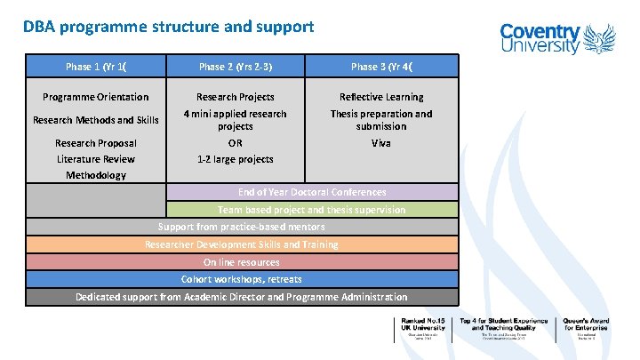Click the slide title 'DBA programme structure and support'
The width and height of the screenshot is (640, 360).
click(169, 27)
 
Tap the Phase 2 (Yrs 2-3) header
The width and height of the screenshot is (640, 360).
click(236, 67)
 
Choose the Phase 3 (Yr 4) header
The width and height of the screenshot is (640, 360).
click(382, 67)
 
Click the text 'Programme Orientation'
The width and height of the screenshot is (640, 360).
click(96, 97)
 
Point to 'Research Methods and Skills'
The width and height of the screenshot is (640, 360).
click(96, 120)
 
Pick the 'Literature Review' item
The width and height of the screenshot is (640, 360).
click(96, 159)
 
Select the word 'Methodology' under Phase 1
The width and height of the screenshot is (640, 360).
click(96, 175)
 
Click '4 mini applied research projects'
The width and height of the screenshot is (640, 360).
click(236, 120)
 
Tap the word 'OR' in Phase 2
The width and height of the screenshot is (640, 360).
click(236, 143)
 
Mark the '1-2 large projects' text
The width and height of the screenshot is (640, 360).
click(236, 159)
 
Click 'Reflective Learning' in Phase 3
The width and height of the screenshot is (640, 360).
click(382, 97)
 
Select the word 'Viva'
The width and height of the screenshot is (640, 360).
click(382, 143)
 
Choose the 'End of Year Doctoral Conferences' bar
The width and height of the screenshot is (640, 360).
click(312, 192)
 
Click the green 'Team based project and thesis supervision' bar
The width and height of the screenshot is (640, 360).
click(312, 210)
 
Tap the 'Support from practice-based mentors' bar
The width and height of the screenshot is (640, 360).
click(241, 227)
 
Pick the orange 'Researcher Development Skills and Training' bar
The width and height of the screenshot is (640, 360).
click(241, 244)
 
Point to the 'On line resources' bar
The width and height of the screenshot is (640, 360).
click(241, 262)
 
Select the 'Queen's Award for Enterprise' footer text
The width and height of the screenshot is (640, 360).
click(587, 327)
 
